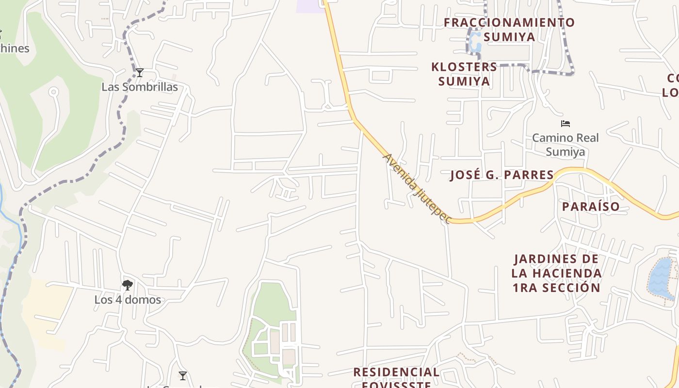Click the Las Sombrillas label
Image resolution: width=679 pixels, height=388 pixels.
[x=140, y=87]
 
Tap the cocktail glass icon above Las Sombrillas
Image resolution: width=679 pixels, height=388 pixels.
[x=140, y=73]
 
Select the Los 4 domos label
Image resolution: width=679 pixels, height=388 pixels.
[x=128, y=300]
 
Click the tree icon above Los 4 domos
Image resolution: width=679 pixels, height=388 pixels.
[x=128, y=285]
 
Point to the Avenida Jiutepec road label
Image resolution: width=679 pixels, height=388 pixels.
[x=417, y=189]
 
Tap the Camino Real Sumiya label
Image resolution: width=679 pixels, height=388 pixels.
[x=566, y=145]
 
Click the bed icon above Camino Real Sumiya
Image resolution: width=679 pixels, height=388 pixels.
[x=566, y=124]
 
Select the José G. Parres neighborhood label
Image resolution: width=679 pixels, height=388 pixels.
[x=502, y=175]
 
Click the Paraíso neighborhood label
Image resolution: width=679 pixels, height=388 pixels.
[x=591, y=207]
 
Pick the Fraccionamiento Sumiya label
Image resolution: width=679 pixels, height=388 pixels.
[x=509, y=30]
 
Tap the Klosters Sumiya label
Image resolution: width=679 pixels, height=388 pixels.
[x=464, y=74]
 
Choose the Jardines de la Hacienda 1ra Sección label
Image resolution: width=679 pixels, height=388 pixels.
[x=557, y=274]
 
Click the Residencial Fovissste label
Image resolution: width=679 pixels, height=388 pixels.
[x=396, y=378]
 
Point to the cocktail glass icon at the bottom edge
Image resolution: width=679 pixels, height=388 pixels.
[x=183, y=376]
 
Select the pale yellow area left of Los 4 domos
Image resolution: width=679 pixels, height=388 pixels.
[x=46, y=310]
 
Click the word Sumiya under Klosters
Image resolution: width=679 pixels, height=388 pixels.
[x=464, y=81]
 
